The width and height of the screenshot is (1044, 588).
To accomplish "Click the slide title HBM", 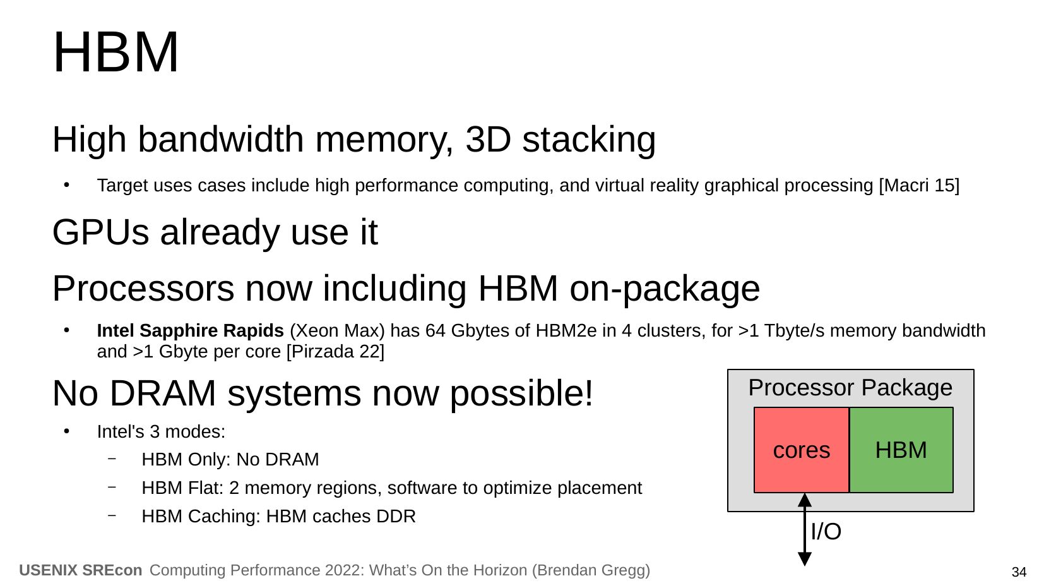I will (116, 52).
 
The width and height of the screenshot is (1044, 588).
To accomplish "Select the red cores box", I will (801, 450).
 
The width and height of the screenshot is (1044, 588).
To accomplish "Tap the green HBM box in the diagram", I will (901, 450).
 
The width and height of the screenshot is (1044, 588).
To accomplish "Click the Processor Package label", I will (850, 387).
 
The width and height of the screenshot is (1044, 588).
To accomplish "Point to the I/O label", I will (826, 532).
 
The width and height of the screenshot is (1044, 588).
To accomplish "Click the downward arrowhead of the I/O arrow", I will (805, 559).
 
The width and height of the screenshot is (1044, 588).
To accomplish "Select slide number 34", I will (1019, 572).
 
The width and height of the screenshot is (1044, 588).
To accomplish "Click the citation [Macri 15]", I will (919, 186).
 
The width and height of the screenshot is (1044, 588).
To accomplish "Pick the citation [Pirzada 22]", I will (335, 351).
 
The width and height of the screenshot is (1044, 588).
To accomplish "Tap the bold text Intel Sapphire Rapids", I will (190, 331).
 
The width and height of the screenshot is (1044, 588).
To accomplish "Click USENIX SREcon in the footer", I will (81, 570).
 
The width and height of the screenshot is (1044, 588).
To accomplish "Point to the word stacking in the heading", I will (589, 139).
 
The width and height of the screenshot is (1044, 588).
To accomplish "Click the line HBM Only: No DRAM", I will (230, 460).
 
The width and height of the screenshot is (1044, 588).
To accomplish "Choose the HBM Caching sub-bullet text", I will (278, 517).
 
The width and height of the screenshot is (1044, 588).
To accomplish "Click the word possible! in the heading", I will (521, 393).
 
